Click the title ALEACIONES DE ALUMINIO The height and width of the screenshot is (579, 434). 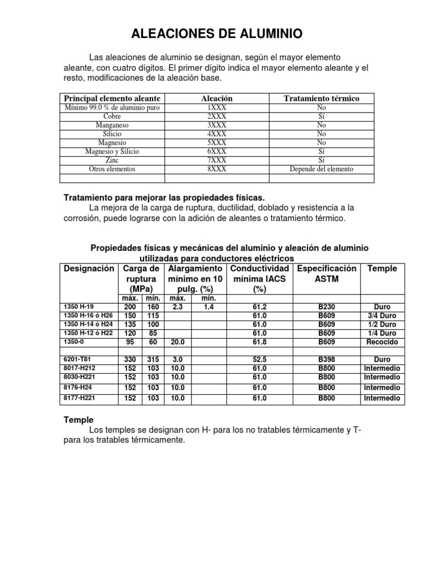point(217,34)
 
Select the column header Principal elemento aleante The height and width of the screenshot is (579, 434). point(112,98)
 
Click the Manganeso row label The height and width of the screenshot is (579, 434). point(112,125)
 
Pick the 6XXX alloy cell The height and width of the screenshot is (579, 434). point(216,152)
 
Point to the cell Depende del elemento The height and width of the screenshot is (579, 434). point(321,169)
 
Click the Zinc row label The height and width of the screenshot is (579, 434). point(112,161)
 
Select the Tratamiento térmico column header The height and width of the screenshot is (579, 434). point(321,98)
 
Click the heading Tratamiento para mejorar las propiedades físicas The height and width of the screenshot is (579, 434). point(163,198)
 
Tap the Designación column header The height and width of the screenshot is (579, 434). point(89,269)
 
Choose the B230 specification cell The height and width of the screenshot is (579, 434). point(327,307)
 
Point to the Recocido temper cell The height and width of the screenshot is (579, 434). point(381,342)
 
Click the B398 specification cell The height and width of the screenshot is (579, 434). point(327,360)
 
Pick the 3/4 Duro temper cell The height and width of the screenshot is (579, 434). point(381,316)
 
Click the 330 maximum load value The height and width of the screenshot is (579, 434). point(131,360)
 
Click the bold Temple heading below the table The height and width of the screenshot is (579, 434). point(77,421)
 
